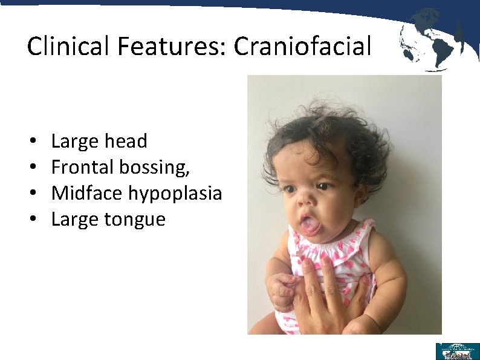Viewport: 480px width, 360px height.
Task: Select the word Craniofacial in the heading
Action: coord(302,46)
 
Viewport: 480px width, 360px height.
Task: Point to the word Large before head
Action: coord(73,142)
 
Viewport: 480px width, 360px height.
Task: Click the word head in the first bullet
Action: coord(125,141)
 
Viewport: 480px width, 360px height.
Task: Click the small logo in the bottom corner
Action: coord(457,351)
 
